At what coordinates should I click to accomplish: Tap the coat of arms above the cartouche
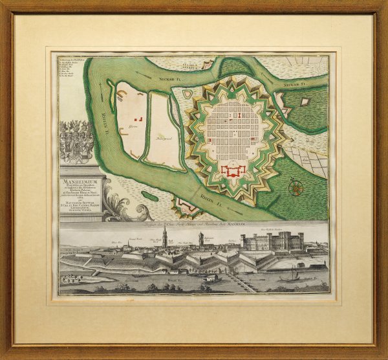click(x=76, y=141)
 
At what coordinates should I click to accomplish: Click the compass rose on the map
click(x=297, y=188)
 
